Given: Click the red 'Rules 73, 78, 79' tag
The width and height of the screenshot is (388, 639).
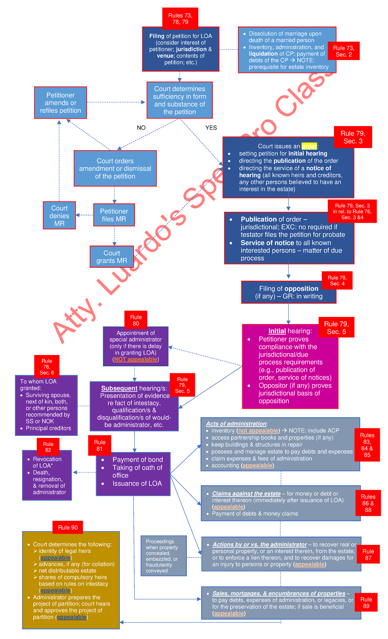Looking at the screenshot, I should [x=180, y=18].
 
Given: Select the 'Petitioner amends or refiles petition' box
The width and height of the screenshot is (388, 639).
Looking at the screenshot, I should [x=60, y=103].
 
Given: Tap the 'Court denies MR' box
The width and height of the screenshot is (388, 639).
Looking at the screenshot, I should [x=59, y=216].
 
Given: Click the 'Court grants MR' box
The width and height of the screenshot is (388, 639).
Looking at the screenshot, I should [x=112, y=257].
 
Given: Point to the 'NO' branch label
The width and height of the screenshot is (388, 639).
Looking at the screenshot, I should [x=141, y=128].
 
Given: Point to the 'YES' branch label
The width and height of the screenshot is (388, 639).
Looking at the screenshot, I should [x=211, y=128].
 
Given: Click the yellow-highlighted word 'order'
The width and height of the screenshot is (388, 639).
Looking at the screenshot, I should [x=309, y=146].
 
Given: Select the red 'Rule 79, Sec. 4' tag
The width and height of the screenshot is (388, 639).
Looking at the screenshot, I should [x=337, y=280].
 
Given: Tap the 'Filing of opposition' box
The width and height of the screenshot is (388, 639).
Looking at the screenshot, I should [x=288, y=292].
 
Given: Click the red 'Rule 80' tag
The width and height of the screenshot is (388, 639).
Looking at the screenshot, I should [x=136, y=320].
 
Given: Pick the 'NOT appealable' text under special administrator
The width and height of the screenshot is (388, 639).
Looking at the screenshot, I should [x=136, y=359].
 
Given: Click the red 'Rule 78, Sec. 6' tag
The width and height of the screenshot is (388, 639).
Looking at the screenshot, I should [x=47, y=367].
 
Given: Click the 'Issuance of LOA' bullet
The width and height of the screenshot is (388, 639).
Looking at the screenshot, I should [x=137, y=483].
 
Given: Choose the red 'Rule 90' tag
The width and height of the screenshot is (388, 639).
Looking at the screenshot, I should [x=68, y=527].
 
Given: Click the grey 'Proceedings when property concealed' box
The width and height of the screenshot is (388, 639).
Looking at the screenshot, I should [x=164, y=556].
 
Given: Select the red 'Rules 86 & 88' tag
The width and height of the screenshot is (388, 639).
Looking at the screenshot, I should [x=368, y=503].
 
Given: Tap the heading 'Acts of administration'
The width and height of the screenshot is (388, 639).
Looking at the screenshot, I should [x=236, y=424].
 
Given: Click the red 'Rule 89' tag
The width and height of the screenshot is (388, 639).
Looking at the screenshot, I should [x=366, y=602].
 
